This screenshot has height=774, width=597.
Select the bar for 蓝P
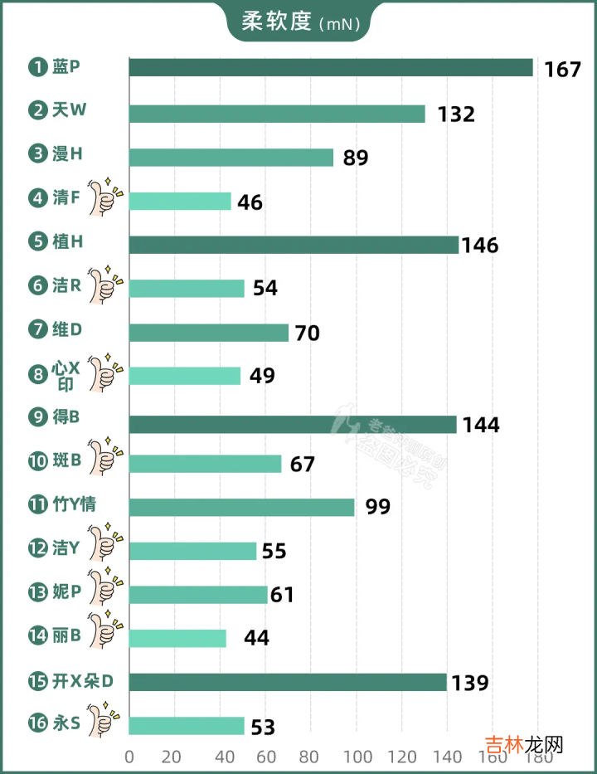(x=330, y=67)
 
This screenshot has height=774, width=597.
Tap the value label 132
(x=456, y=114)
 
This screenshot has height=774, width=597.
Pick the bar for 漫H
(x=231, y=157)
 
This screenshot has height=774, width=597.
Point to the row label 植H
(x=66, y=242)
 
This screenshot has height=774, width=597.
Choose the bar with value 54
(x=187, y=288)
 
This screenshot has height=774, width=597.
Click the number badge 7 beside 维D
(x=36, y=330)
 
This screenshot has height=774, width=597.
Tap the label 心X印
(x=65, y=374)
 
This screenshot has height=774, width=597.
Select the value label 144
(x=482, y=425)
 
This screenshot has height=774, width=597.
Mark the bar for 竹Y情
(x=241, y=507)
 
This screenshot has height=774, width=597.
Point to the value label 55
(x=279, y=551)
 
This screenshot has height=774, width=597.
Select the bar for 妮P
(x=198, y=595)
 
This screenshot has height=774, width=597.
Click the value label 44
(x=256, y=638)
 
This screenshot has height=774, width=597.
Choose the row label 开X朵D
(x=82, y=682)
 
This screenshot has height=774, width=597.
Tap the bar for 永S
(x=187, y=726)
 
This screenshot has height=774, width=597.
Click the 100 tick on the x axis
(x=357, y=757)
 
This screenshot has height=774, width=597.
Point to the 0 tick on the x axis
(x=129, y=757)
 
